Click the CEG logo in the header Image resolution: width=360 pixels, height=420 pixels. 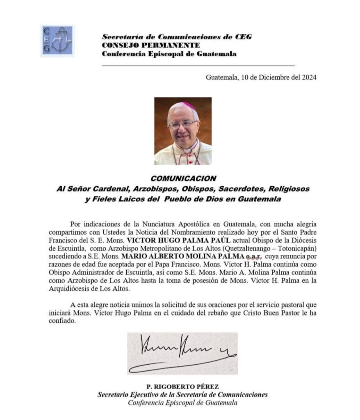click(x=57, y=40)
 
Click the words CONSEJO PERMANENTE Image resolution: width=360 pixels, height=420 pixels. click(x=150, y=45)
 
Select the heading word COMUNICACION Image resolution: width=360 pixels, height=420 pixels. click(x=183, y=179)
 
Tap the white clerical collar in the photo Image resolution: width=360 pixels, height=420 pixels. click(x=188, y=150)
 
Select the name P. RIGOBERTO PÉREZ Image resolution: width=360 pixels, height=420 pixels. click(x=182, y=386)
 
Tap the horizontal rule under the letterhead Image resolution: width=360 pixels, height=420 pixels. click(x=198, y=65)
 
